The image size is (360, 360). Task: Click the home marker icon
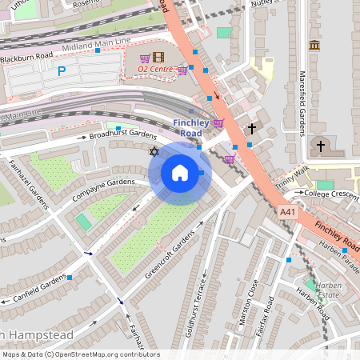point(180,173)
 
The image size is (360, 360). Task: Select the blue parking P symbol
point(62,72)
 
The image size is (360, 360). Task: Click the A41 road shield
point(288,211)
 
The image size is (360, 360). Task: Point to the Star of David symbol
point(154,151)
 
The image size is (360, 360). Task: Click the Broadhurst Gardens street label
point(122,135)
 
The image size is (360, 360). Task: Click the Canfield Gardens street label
point(39,289)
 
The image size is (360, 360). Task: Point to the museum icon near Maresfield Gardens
point(314,45)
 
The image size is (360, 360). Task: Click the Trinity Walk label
point(293,176)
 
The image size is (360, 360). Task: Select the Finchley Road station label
point(191,128)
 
